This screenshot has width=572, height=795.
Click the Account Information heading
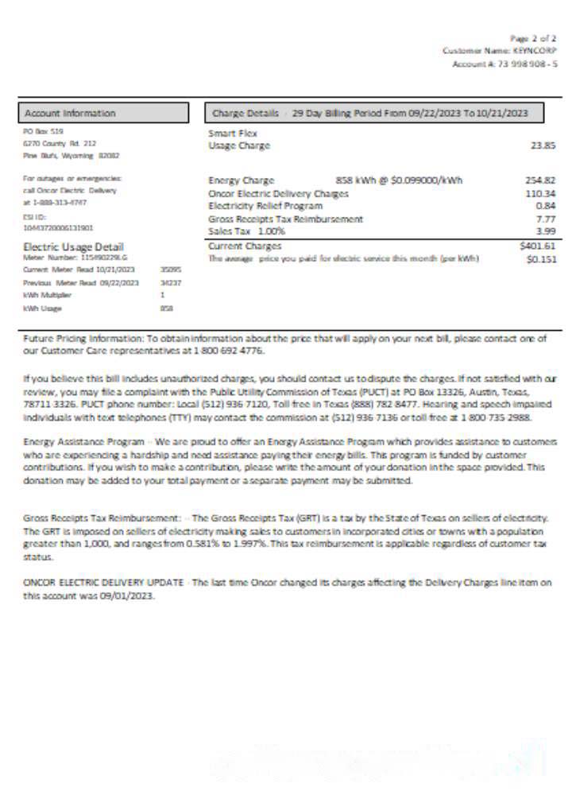(x=70, y=114)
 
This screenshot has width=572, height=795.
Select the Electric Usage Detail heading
(x=73, y=247)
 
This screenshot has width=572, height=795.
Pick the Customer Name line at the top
(x=500, y=50)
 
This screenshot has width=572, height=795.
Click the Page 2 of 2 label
(x=534, y=37)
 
